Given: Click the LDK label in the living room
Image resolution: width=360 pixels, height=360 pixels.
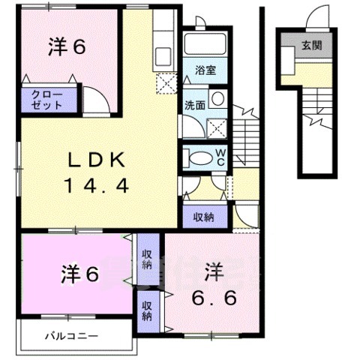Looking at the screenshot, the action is point(97,160).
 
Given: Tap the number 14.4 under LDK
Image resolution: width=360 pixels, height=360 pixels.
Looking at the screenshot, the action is point(97,186).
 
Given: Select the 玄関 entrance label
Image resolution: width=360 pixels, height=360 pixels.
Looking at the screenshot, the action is point(312,46).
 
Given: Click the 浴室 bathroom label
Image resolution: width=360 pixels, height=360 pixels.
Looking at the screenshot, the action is point(205,70).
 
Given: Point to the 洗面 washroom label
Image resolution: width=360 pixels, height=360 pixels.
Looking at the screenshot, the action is point(195,105).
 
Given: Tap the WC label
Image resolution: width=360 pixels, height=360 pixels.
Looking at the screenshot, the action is point(220,157).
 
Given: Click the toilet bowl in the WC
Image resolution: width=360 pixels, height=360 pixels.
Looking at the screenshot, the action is point(200,158).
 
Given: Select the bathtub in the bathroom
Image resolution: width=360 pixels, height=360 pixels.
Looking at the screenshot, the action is point(205,43).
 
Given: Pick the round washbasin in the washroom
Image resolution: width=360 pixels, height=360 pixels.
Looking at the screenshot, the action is point(218,98).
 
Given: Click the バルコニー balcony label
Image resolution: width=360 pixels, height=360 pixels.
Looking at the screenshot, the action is point(71,336).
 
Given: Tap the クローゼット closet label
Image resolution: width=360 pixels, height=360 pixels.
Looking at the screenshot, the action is point(46,100).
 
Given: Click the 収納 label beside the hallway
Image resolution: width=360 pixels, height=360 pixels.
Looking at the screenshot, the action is point(204,217).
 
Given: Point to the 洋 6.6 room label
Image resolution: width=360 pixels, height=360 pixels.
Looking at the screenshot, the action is point(214,285).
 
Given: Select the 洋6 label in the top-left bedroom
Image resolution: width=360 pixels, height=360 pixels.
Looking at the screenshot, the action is point(67,46).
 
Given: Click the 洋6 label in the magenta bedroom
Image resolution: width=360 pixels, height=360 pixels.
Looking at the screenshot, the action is point(80,274).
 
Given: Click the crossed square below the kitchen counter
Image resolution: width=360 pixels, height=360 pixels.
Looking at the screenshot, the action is point(166,83).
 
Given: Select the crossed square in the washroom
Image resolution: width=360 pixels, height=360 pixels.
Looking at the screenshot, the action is point(217,128).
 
